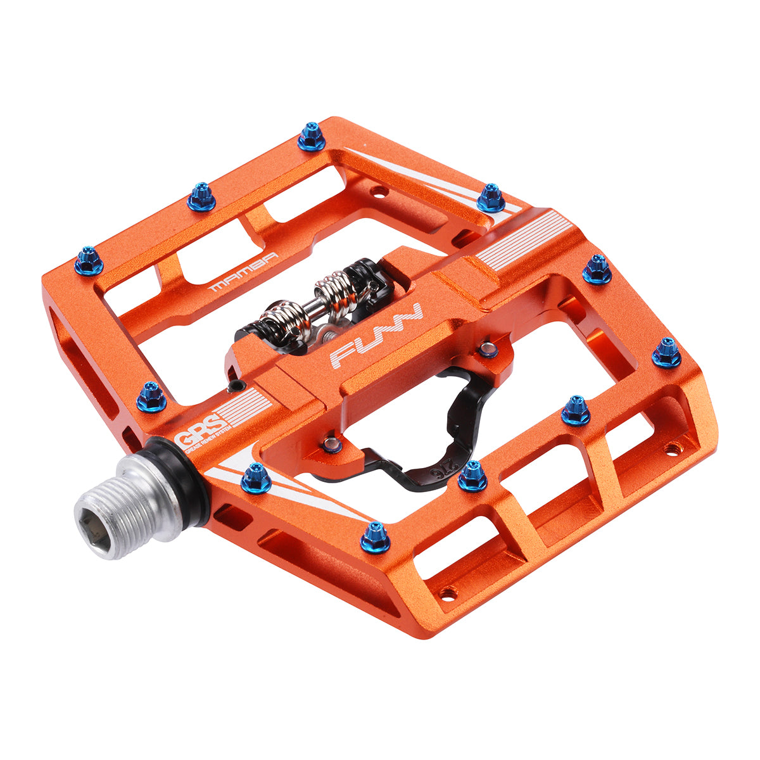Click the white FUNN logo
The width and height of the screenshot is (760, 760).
coord(376,336)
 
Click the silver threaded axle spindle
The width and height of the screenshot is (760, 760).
coord(136,506)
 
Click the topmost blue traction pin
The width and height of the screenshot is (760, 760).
coord(311,136)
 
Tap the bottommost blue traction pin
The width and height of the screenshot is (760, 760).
coord(376,538)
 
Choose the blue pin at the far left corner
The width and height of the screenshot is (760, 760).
coord(89,260)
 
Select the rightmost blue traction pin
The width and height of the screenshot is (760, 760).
coord(666,353)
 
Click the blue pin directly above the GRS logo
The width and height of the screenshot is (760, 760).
coord(151,396)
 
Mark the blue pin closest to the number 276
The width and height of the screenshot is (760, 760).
coord(472,476)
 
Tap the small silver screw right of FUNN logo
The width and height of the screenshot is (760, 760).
coord(487,349)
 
